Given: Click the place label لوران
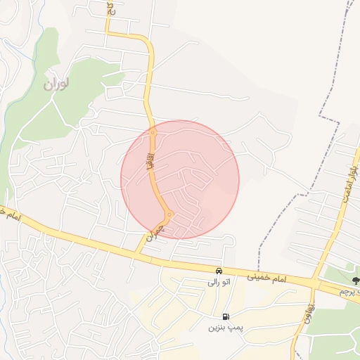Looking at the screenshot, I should (x=56, y=84).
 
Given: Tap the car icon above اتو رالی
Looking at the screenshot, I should (x=219, y=271).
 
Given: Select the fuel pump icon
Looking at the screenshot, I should (x=226, y=317).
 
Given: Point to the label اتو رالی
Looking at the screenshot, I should (x=219, y=282).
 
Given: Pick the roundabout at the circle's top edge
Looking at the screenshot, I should (x=153, y=131).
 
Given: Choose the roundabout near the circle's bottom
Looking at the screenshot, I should (x=169, y=214).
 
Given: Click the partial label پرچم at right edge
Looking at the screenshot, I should (x=348, y=290).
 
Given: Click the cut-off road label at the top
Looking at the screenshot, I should (x=110, y=8).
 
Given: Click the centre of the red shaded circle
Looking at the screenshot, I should (x=180, y=180).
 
